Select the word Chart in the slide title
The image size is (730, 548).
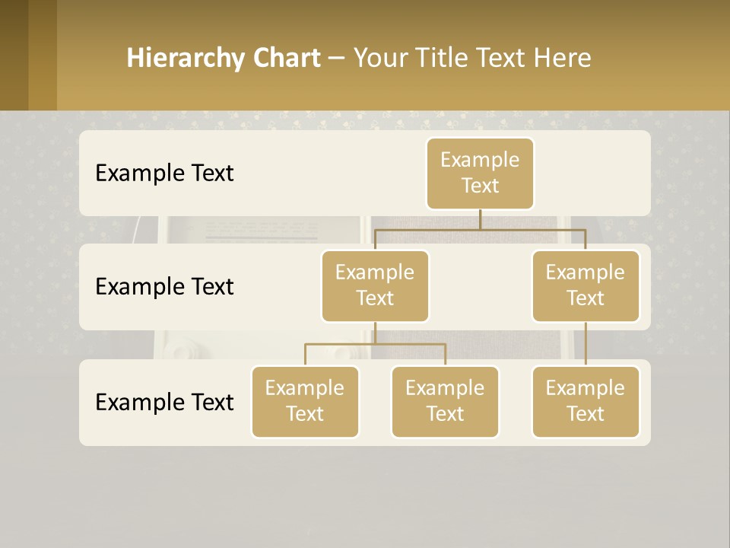point(286,58)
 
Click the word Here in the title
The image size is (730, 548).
point(562,58)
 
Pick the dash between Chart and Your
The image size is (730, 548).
point(337,59)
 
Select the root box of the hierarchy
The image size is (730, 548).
point(480,174)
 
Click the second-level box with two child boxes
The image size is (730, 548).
point(375,286)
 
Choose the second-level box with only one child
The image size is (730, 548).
point(586,286)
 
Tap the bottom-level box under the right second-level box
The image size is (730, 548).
point(586,402)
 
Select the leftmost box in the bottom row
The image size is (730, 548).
point(305,402)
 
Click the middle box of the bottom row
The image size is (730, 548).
point(445,402)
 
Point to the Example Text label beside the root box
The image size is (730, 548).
point(164,174)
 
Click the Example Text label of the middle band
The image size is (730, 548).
point(164,287)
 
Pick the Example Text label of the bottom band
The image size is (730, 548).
point(164,402)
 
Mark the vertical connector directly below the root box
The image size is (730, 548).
point(480,219)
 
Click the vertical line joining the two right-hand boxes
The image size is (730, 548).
point(586,344)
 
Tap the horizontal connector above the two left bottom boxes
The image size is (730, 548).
point(375,344)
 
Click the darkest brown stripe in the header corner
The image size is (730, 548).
point(14,55)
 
